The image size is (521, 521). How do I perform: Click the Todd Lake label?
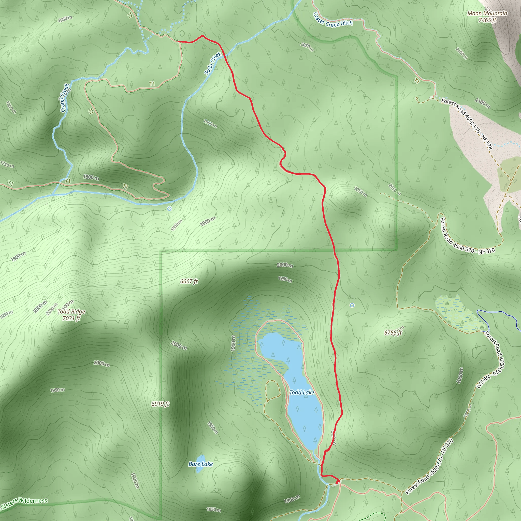point(301,393)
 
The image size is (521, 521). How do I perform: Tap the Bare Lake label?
point(201,464)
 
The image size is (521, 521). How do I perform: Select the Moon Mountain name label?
point(487,13)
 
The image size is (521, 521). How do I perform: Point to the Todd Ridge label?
point(71,312)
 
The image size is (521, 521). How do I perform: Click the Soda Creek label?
point(212,63)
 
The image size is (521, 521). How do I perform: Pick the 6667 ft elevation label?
point(189,282)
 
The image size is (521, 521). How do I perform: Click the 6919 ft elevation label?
point(160,404)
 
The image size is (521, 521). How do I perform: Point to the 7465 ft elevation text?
point(487,20)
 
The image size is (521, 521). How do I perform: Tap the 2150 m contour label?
point(461,53)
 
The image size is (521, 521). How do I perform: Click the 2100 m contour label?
point(482,103)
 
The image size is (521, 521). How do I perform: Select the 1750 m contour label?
point(7,164)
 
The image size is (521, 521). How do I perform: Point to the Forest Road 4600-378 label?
point(467,123)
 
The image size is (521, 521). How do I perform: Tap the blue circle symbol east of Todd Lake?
point(352,305)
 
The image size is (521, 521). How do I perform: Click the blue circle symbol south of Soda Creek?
point(169,208)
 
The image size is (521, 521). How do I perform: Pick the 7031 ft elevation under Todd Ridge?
point(71,319)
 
